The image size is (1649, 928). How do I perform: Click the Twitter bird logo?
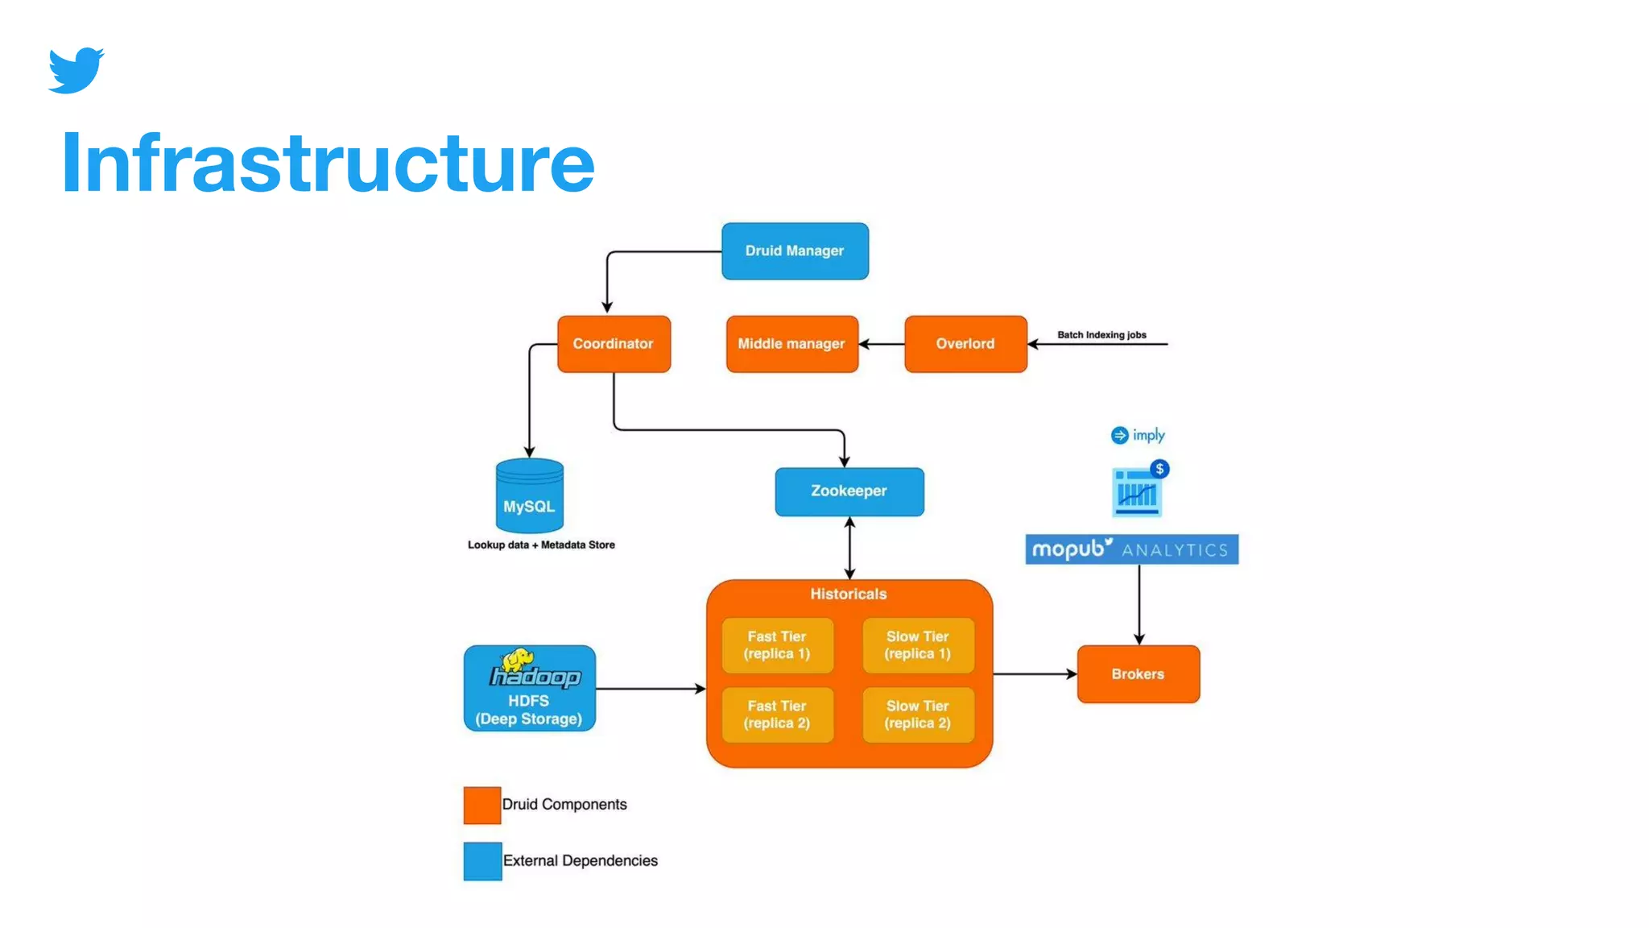click(76, 70)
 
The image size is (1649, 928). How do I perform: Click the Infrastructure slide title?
click(328, 164)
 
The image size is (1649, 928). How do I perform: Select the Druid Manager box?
click(794, 251)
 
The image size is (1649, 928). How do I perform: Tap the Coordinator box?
click(614, 344)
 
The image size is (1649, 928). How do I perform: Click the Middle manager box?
click(791, 344)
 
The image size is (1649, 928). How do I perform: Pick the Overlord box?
click(965, 344)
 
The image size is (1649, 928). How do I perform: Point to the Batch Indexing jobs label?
click(1101, 335)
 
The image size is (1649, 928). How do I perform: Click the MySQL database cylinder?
click(529, 496)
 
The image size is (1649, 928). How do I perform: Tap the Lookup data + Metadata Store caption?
click(541, 545)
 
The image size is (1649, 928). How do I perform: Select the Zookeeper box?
click(849, 491)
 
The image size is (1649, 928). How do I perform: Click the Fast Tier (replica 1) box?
click(777, 645)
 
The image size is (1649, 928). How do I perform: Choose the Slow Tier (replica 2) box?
click(918, 715)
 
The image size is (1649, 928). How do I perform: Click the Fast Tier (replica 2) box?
click(777, 715)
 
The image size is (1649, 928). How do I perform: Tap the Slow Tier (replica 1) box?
click(918, 645)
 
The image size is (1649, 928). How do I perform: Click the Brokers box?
click(1138, 674)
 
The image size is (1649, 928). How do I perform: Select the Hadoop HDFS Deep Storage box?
click(529, 689)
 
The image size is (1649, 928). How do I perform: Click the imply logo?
click(1138, 436)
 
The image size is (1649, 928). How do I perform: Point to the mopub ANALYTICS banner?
click(1131, 549)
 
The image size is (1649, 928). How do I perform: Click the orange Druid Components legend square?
click(481, 805)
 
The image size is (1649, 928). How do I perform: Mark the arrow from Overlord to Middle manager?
click(882, 344)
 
